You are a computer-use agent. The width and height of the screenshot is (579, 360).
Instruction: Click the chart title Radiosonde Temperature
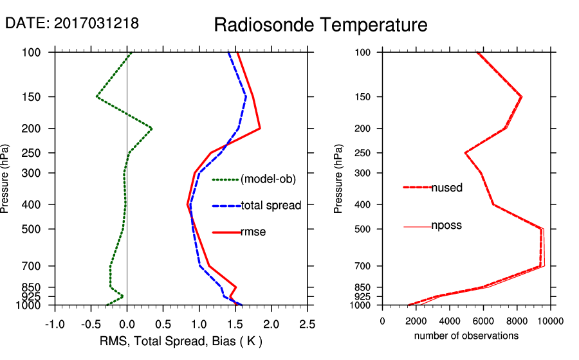point(320,25)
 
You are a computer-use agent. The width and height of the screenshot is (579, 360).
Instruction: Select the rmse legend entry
point(253,232)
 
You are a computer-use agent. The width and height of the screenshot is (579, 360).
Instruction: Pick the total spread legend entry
point(270,206)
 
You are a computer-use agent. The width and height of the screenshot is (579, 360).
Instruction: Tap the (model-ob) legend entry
point(268,179)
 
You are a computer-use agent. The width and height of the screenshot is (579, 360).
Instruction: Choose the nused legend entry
point(446,188)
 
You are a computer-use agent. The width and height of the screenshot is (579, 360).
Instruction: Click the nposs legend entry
point(446,226)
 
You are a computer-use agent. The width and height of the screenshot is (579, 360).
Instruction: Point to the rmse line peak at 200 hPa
point(259,129)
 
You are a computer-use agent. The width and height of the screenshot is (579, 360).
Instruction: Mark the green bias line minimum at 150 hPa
point(97,96)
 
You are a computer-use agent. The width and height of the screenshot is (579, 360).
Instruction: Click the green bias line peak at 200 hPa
point(151,129)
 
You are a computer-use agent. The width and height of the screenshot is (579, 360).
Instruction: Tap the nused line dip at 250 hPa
point(465,153)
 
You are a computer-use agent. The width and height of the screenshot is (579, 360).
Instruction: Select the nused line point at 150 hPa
point(521,97)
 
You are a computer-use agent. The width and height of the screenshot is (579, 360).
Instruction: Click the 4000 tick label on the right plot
point(450,321)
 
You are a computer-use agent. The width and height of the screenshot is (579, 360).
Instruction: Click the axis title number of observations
point(466,336)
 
